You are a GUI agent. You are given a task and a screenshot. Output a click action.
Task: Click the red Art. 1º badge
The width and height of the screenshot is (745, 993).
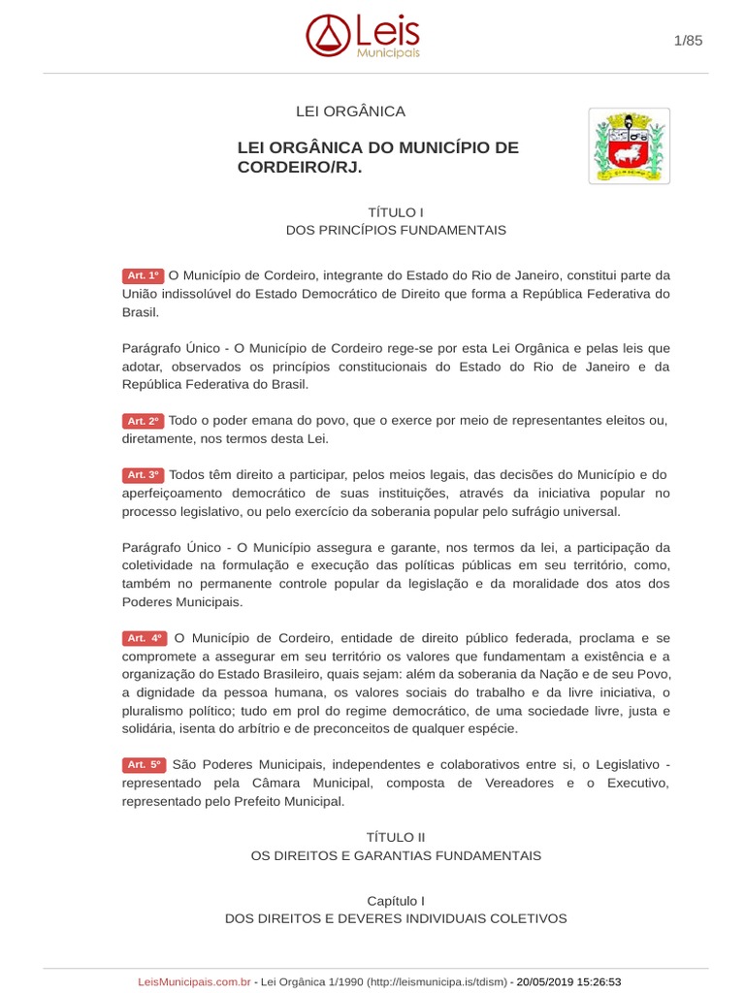point(144,275)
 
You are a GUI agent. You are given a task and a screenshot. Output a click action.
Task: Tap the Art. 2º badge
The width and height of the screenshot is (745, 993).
point(144,421)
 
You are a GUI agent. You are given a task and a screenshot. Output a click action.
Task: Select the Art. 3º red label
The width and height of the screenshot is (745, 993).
point(144,475)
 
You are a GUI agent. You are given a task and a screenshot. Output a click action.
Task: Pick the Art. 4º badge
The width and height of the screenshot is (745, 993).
point(145,638)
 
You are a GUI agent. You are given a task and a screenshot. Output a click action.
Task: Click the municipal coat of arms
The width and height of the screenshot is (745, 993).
point(629,145)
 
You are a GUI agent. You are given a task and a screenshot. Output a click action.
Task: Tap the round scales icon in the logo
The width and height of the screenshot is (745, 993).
point(327,36)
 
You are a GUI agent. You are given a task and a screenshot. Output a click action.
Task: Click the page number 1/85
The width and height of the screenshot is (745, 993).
point(688,40)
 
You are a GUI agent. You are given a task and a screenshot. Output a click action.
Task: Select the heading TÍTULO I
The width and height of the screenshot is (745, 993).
point(396,211)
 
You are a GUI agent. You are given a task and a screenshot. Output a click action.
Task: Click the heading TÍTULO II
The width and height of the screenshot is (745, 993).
point(396,836)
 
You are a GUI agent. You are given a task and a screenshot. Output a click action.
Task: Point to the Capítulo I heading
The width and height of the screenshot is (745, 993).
point(396,900)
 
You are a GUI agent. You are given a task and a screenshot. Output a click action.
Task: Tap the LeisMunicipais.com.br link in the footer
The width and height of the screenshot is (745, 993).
point(195,982)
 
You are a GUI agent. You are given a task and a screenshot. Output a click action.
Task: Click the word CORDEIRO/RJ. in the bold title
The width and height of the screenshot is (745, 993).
point(305,168)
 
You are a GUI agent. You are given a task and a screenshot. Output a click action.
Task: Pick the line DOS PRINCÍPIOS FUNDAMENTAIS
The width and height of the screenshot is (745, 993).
point(396,231)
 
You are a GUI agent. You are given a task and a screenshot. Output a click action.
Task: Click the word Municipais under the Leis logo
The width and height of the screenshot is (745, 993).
point(388,53)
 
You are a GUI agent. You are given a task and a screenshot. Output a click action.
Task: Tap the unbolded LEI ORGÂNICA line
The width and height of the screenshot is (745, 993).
point(350,112)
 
